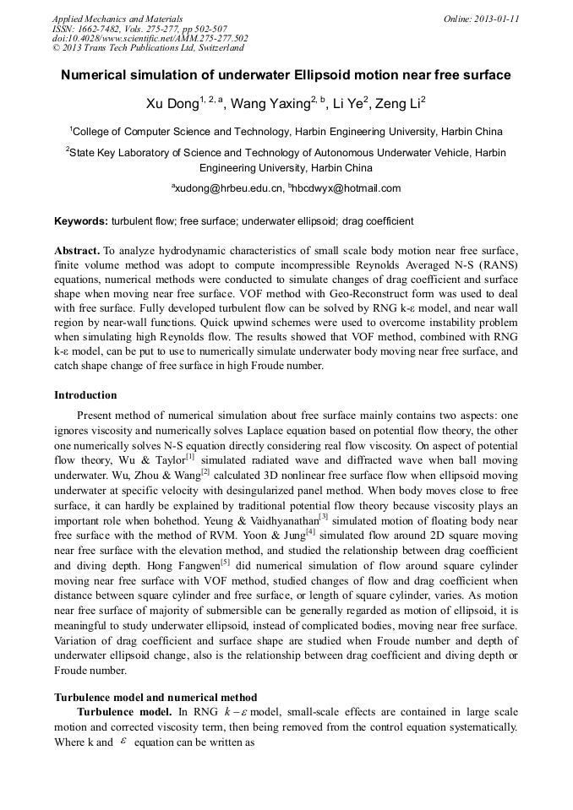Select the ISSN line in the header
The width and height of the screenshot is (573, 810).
[x=139, y=29]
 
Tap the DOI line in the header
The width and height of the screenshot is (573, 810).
[x=150, y=38]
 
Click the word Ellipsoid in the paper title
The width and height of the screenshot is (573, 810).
[x=320, y=75]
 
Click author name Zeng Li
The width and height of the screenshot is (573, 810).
[x=396, y=104]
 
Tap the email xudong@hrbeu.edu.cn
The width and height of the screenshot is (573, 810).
[x=228, y=188]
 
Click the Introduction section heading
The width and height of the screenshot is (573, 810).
[x=85, y=395]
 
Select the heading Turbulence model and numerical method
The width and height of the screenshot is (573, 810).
[x=156, y=698]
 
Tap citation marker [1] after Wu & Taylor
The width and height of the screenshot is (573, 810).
[x=190, y=457]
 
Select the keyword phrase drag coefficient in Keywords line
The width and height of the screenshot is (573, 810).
[x=378, y=221]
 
